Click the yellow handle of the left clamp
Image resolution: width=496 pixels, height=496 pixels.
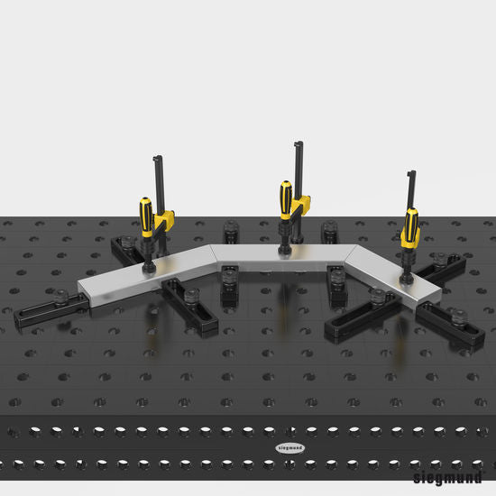(x=145, y=217)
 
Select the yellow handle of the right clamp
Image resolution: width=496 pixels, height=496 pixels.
(x=411, y=226)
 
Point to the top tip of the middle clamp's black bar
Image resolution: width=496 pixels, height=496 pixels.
(x=297, y=144)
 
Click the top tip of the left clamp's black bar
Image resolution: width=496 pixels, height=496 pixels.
(x=156, y=159)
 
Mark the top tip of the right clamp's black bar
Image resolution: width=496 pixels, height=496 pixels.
(x=411, y=172)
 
